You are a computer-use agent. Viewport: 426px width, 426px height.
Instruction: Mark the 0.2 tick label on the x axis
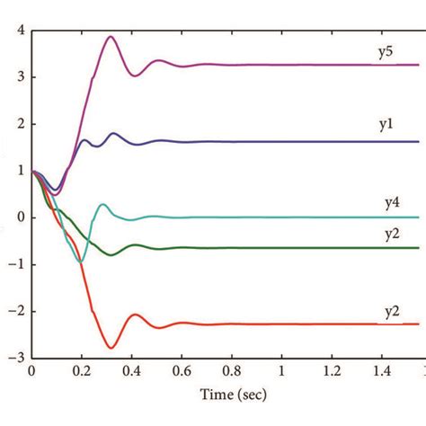(83, 370)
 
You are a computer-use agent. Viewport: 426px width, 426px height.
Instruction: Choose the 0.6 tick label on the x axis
(182, 370)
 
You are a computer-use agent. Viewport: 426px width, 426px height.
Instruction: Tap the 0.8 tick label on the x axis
(233, 370)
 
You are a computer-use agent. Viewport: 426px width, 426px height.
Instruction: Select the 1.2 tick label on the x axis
(333, 370)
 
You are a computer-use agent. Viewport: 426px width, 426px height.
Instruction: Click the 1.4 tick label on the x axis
(383, 370)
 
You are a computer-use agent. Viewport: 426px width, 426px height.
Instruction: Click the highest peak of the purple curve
(111, 37)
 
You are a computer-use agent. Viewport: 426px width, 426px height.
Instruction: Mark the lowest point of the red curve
(111, 348)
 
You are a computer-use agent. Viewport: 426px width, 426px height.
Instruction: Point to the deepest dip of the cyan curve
(81, 262)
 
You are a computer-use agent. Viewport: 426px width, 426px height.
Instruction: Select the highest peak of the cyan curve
(102, 204)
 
